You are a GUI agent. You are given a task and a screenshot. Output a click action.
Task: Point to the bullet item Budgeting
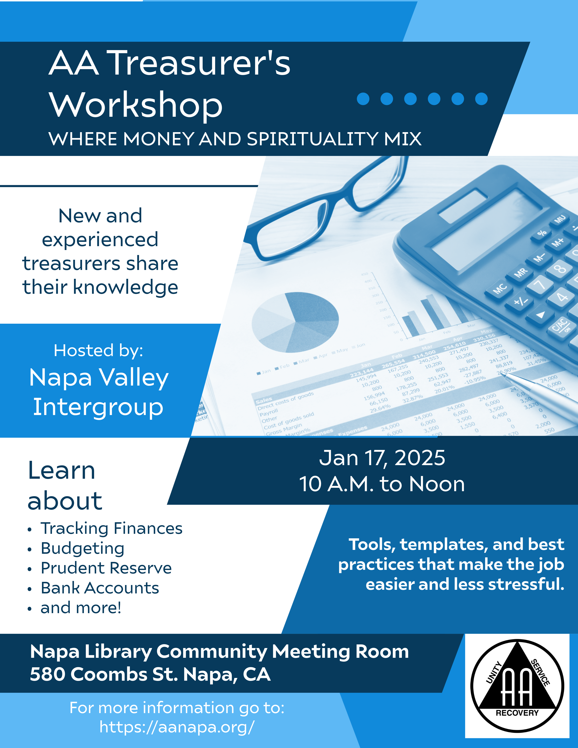[x=83, y=548]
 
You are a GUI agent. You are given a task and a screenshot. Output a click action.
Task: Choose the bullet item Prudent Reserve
[x=106, y=568]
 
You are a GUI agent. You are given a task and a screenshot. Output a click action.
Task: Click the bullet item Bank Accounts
[x=100, y=588]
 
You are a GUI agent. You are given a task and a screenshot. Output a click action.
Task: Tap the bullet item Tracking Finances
[x=111, y=528]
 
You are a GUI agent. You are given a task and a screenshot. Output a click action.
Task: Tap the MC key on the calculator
[x=500, y=288]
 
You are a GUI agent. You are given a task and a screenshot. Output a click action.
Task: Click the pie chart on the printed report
[x=295, y=322]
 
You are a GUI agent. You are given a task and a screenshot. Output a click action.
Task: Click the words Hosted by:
[x=98, y=350]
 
